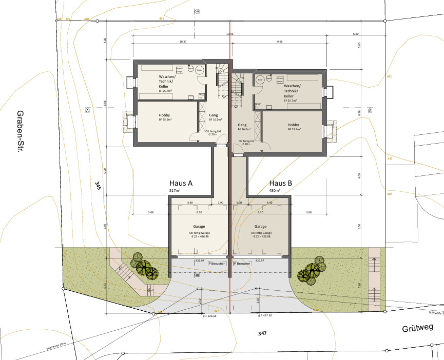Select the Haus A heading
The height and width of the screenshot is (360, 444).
pos(181,183)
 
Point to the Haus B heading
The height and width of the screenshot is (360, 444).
pos(281,183)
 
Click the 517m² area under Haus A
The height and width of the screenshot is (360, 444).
pos(176,190)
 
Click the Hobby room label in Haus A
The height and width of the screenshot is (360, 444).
pos(164,115)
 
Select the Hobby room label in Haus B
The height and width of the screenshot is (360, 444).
pos(293,125)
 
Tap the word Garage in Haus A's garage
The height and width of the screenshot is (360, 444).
pos(199,226)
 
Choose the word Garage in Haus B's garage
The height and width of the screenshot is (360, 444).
pos(260,226)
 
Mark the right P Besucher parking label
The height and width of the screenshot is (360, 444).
pos(242,263)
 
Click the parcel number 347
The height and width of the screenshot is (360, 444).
pos(262,333)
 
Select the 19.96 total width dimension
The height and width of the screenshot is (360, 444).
pos(229,34)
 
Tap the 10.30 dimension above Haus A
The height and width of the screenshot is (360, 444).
pos(182,41)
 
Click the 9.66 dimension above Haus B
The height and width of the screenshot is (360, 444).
pos(280,41)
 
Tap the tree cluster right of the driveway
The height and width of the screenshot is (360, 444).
pos(312,271)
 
